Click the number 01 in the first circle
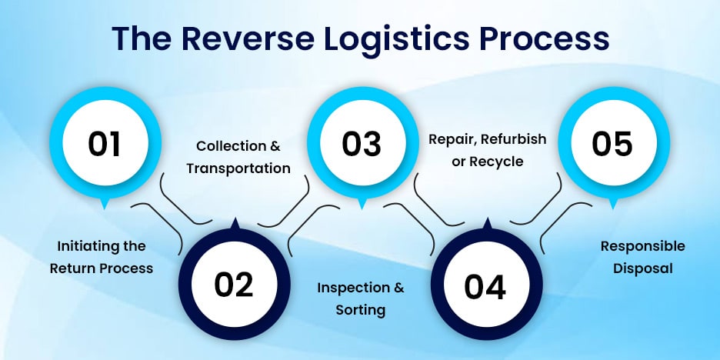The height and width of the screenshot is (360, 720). [105, 144]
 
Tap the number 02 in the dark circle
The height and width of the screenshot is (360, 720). [234, 285]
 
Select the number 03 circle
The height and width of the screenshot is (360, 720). [362, 144]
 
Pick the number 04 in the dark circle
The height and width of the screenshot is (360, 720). [485, 287]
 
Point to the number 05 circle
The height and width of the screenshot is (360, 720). [612, 144]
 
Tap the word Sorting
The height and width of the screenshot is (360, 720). [360, 310]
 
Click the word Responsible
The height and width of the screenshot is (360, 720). [642, 246]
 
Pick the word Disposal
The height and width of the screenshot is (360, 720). [642, 268]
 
